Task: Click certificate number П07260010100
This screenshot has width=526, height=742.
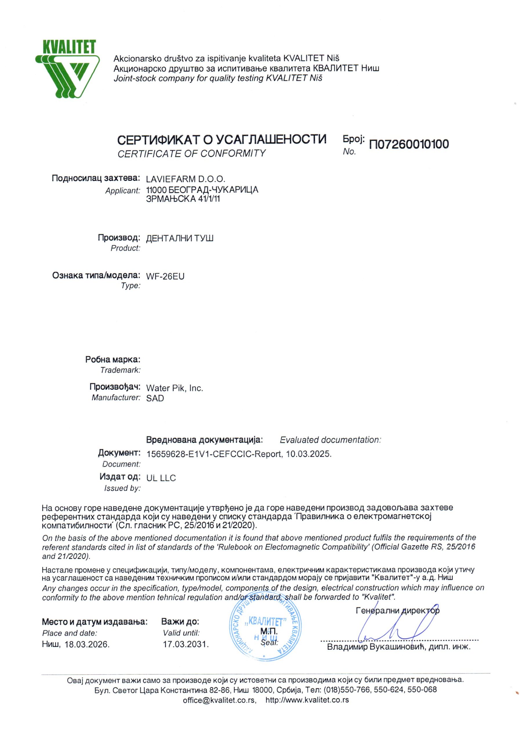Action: (x=409, y=144)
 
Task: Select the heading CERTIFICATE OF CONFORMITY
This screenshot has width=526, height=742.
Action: (x=191, y=153)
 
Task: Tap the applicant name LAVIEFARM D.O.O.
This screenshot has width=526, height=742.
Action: (x=186, y=179)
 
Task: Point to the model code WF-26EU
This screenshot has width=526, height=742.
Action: (x=165, y=276)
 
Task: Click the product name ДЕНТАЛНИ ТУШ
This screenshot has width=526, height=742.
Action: (x=180, y=238)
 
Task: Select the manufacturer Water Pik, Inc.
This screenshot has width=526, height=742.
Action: (x=175, y=388)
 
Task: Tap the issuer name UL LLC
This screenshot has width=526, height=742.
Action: (x=161, y=478)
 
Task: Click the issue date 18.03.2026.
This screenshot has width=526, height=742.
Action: (x=87, y=644)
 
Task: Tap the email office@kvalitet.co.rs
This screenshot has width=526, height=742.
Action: (x=219, y=700)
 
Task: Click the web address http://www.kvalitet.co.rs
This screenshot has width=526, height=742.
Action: (x=307, y=700)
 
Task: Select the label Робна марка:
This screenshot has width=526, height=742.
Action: (x=113, y=359)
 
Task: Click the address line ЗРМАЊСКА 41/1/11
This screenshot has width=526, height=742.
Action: (x=183, y=199)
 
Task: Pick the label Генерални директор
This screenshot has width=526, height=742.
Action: (x=398, y=611)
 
